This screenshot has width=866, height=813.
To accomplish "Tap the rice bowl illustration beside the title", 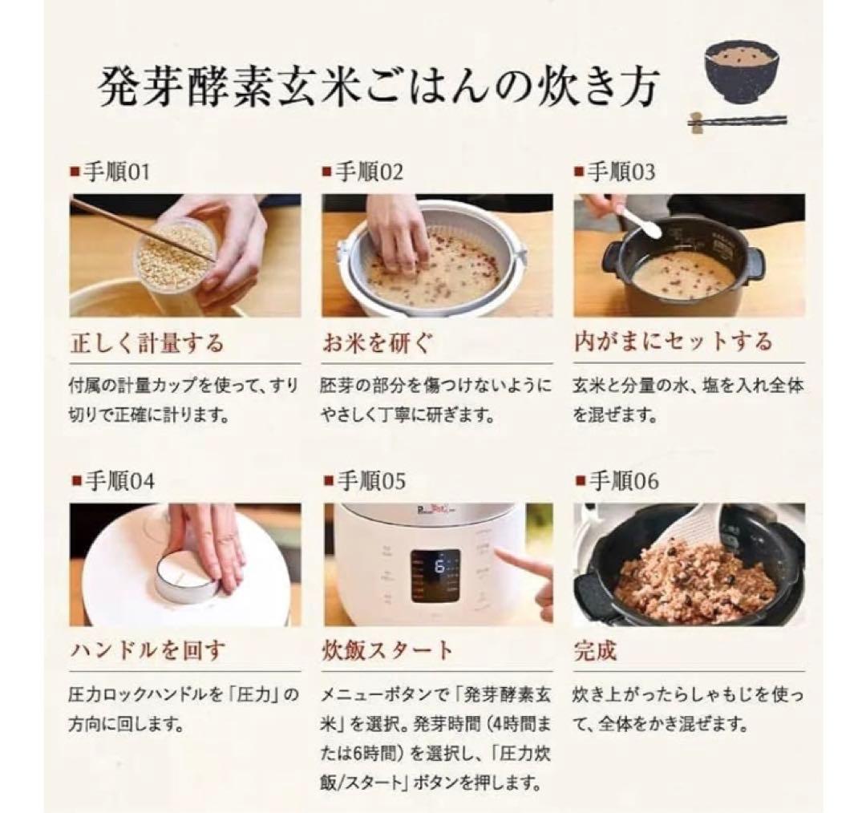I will [x=741, y=73].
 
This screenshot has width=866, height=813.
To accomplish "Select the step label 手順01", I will [x=115, y=172].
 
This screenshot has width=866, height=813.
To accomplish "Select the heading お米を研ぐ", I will [x=376, y=342].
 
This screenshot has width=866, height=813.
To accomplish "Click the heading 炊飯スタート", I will [x=387, y=649].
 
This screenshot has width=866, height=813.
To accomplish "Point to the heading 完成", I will [x=595, y=649].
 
